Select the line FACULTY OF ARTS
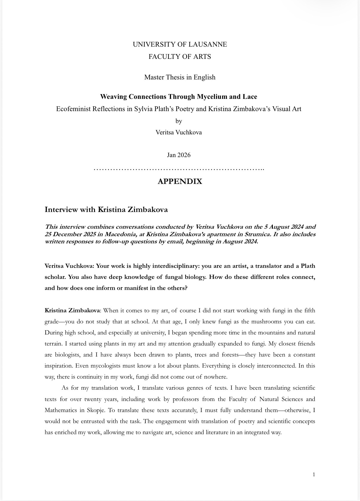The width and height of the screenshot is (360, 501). (180, 57)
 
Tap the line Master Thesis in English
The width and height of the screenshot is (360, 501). (180, 77)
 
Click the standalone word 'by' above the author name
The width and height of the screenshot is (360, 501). (179, 121)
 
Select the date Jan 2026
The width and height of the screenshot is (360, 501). (179, 155)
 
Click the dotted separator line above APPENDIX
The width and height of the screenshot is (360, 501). (179, 169)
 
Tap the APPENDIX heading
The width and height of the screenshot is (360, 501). (180, 182)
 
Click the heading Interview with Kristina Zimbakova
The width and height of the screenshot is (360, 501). (106, 210)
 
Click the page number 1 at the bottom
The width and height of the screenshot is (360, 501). (314, 474)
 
